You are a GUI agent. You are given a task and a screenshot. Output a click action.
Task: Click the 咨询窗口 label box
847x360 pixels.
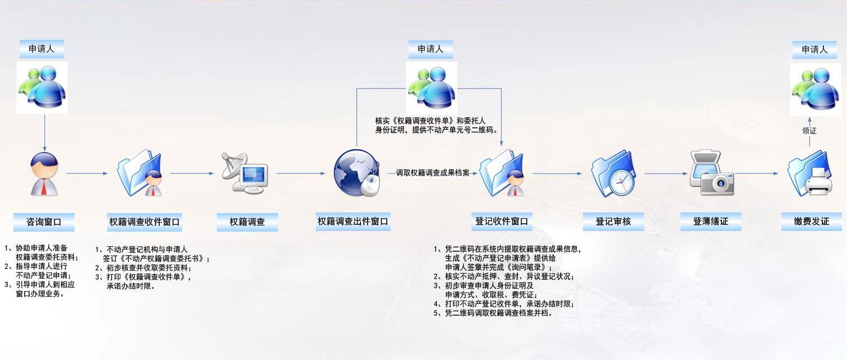(x=44, y=222)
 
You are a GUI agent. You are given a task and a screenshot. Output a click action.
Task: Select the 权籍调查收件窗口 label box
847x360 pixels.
(x=145, y=222)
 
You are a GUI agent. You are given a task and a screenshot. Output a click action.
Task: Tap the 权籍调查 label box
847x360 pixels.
(x=247, y=222)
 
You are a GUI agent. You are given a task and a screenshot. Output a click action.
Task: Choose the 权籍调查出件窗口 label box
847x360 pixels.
(x=353, y=221)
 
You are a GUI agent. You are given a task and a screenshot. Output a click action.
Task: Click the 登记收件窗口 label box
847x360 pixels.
(x=502, y=221)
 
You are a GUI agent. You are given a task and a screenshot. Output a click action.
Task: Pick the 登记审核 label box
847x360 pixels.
(x=613, y=221)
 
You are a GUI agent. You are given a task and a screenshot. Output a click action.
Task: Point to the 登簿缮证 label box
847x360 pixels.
(x=711, y=221)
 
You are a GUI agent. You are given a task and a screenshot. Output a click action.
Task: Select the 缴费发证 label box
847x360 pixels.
(x=811, y=221)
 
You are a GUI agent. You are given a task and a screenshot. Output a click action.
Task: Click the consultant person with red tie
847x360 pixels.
(x=44, y=174)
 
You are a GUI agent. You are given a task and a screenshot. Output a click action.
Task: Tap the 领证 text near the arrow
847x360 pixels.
(x=809, y=131)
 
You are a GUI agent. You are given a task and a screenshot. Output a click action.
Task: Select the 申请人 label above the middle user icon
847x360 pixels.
(x=431, y=49)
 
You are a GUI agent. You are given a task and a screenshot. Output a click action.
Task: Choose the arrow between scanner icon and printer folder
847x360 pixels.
(x=757, y=173)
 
